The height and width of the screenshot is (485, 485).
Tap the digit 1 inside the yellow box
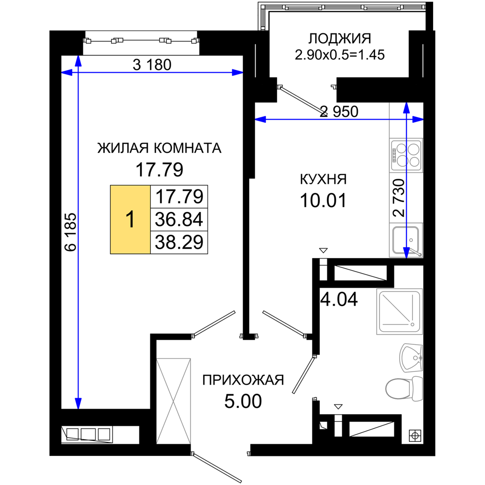tap(130, 220)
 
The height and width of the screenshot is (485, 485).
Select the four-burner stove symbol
tap(406, 155)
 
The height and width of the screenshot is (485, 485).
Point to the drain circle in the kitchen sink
tap(411, 240)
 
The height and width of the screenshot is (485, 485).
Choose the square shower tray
tap(399, 311)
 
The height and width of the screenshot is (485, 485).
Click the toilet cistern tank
tap(417, 388)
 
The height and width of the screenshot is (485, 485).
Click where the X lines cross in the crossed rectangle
tap(174, 401)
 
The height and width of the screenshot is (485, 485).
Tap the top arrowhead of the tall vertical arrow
tap(78, 61)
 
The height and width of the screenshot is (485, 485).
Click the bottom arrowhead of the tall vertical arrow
tap(78, 404)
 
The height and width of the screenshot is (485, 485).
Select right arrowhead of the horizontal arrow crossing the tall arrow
tap(237, 73)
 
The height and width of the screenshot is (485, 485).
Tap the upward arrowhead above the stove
tap(406, 108)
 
